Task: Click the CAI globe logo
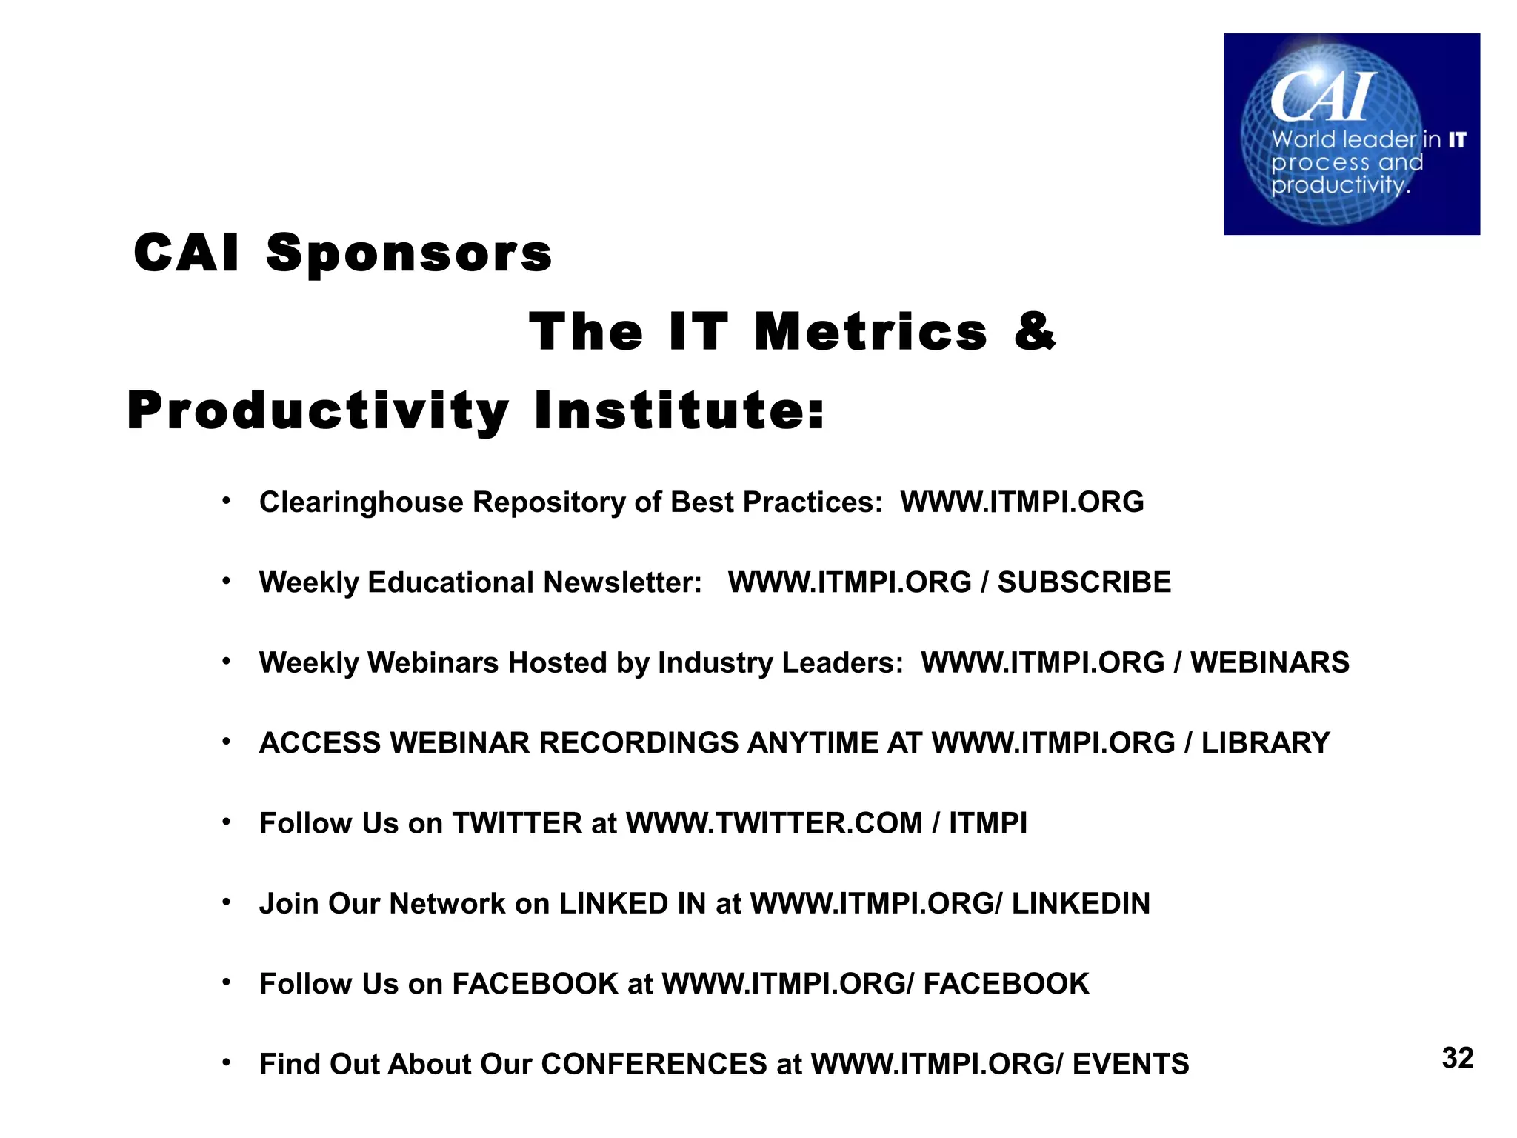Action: [1351, 134]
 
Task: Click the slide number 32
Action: [1457, 1058]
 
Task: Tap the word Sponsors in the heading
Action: [409, 253]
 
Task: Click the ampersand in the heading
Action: [1035, 330]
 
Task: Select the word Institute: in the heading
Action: [679, 410]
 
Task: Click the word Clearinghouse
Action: [361, 502]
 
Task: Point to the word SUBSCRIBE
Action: [1084, 582]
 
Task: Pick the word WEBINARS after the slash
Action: [1270, 662]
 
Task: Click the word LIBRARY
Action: [1265, 742]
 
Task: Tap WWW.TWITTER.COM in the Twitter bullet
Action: [774, 823]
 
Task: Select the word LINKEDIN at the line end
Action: [1081, 903]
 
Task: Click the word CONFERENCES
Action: [654, 1064]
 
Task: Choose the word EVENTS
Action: [1130, 1064]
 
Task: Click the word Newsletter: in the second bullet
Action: [622, 582]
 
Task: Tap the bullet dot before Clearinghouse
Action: [227, 502]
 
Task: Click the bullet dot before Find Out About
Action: [227, 1063]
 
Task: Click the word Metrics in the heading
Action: [871, 331]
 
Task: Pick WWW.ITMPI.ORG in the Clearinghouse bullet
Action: [1021, 502]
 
